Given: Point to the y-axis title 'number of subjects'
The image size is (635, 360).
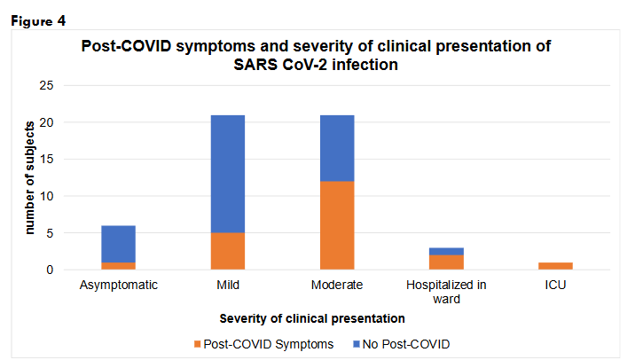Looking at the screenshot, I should pyautogui.click(x=29, y=179).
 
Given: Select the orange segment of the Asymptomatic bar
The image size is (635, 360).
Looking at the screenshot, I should pyautogui.click(x=118, y=266).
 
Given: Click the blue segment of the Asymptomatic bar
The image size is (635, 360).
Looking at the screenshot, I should pyautogui.click(x=118, y=244).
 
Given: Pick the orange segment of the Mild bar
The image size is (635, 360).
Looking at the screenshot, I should pyautogui.click(x=227, y=251).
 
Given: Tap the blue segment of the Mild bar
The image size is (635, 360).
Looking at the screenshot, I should pyautogui.click(x=227, y=174).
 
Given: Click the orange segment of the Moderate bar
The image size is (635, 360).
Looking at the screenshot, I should pyautogui.click(x=337, y=225).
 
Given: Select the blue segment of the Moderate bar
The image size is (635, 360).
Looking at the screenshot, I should pyautogui.click(x=337, y=148).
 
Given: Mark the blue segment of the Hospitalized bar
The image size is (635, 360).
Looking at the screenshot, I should pyautogui.click(x=446, y=251).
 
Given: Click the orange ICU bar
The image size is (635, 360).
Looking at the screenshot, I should pyautogui.click(x=556, y=266).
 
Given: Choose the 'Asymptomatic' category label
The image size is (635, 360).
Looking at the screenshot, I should pyautogui.click(x=118, y=286).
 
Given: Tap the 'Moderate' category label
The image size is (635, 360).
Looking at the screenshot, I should pyautogui.click(x=337, y=286).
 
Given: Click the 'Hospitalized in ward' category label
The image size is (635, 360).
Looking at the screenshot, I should pyautogui.click(x=446, y=293).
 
